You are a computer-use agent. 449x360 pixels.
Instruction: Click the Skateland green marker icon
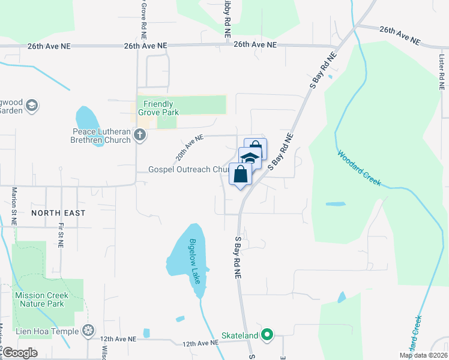click(x=268, y=335)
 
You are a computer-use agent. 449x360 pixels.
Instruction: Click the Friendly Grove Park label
click(x=158, y=108)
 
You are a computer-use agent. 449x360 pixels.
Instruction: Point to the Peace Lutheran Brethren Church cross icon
click(x=140, y=134)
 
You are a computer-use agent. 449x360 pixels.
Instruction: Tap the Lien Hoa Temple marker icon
click(x=89, y=331)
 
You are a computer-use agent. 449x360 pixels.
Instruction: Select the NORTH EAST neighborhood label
click(x=59, y=213)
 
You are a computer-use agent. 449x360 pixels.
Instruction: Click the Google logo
click(x=20, y=353)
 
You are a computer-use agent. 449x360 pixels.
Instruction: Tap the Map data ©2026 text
click(x=423, y=355)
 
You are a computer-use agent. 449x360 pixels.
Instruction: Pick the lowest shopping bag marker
click(x=240, y=175)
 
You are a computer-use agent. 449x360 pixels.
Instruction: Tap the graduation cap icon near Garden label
click(x=32, y=106)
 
